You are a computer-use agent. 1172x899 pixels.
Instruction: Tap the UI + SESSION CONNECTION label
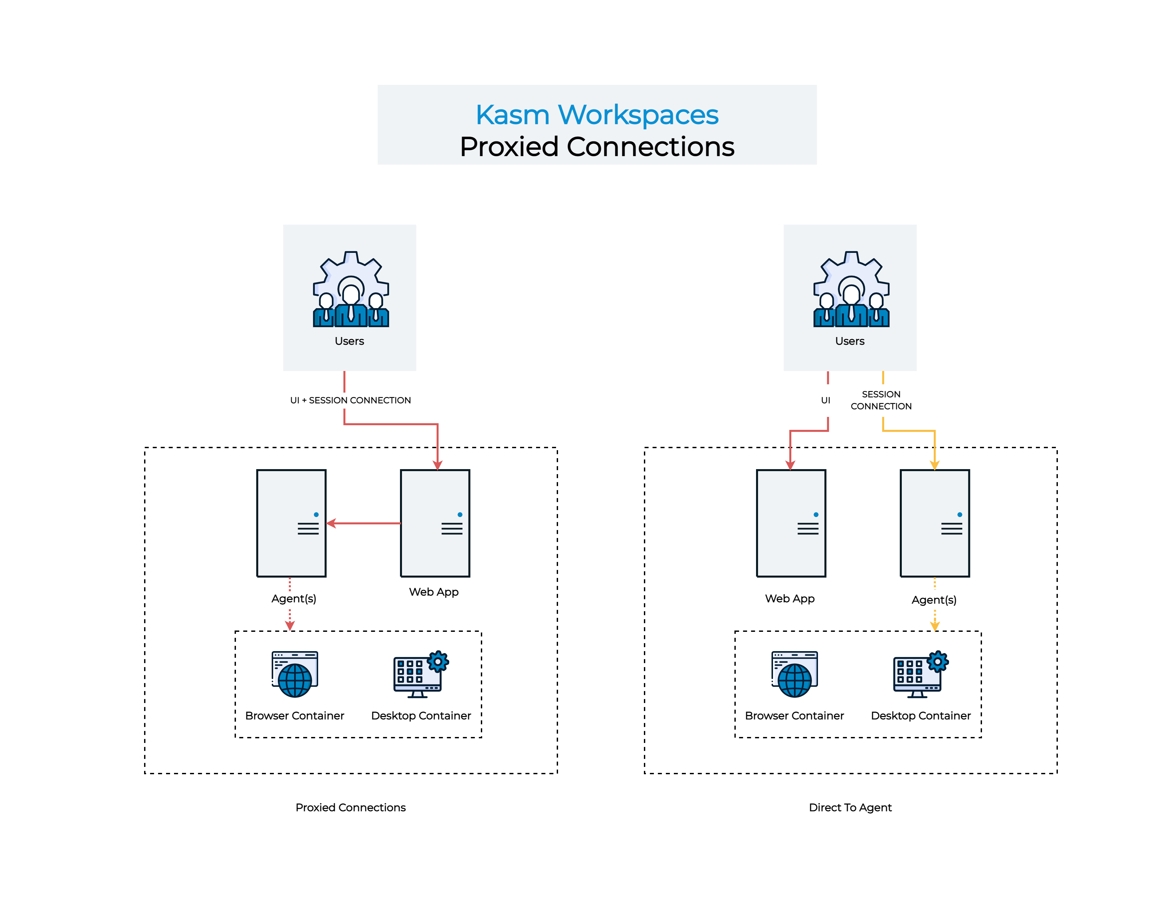click(x=350, y=400)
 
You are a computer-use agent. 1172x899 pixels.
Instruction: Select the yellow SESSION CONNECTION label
click(x=881, y=400)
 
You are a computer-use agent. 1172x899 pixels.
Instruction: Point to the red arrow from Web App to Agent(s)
click(x=364, y=523)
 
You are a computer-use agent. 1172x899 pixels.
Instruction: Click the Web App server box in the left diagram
click(x=435, y=523)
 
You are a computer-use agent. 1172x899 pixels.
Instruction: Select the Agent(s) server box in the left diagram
click(x=291, y=523)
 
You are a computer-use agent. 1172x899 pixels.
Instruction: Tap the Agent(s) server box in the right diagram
click(x=934, y=523)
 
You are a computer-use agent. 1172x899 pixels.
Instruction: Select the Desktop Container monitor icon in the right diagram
click(x=920, y=675)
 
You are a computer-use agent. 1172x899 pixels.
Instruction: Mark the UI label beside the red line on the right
click(x=825, y=400)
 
